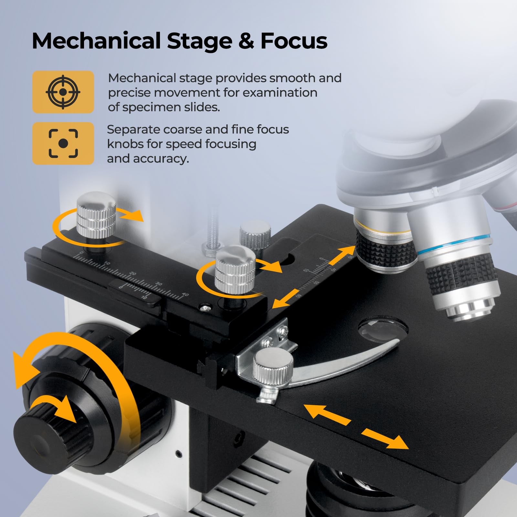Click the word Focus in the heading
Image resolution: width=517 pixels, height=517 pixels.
[294, 41]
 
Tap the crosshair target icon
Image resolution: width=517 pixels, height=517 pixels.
[63, 92]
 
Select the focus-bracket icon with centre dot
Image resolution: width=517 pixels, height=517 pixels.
[63, 143]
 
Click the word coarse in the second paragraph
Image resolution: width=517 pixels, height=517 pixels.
[182, 130]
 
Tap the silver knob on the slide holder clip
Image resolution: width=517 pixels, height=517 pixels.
[273, 366]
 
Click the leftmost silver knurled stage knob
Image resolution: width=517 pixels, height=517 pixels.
[96, 212]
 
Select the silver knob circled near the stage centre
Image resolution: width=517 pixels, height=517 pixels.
[235, 269]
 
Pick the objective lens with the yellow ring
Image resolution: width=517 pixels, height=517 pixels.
[385, 242]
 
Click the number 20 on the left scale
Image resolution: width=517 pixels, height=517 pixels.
[133, 274]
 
